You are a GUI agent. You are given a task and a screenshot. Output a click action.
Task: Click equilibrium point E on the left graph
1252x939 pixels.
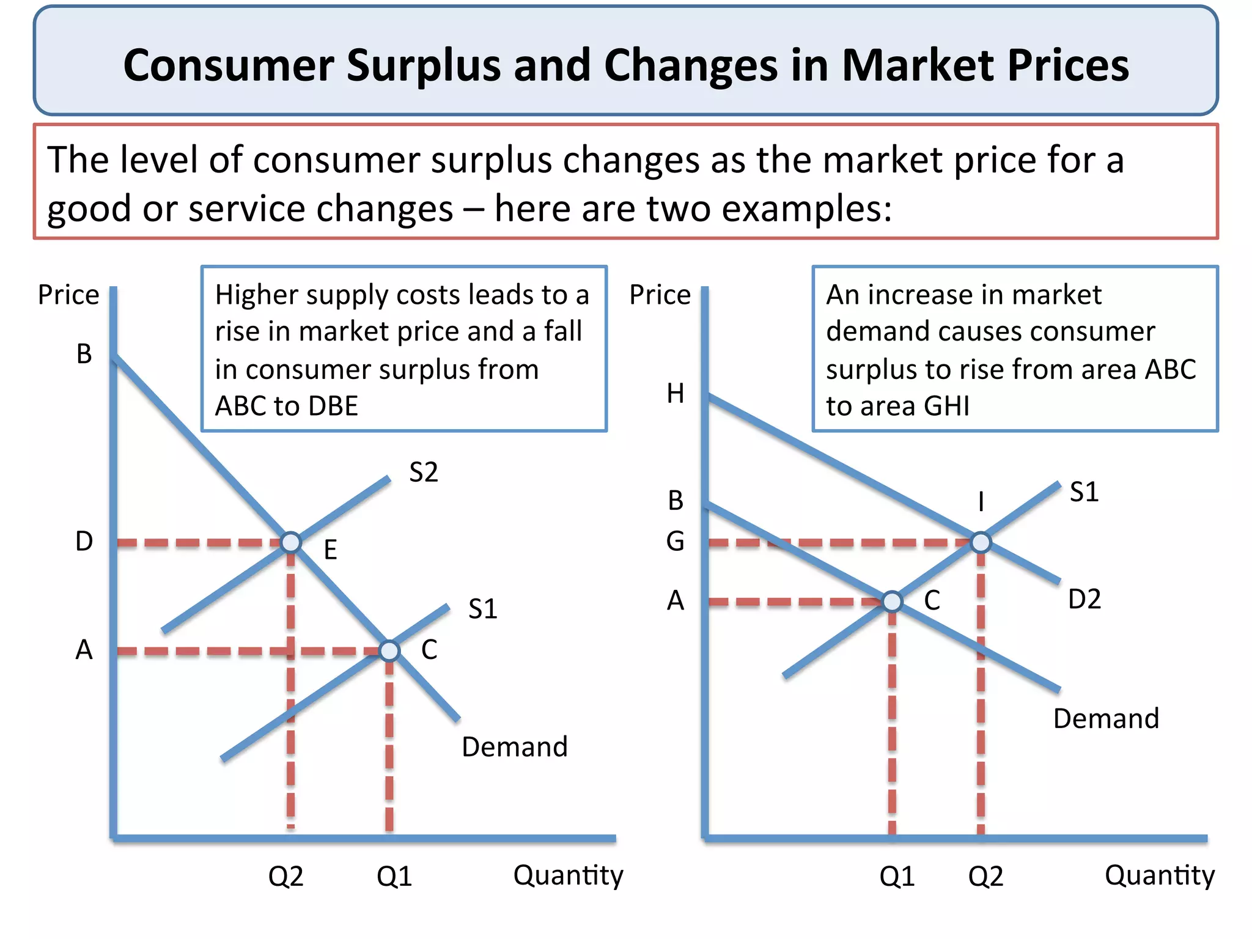point(291,542)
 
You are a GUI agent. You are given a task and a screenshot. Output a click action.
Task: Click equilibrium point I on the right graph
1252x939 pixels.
point(981,542)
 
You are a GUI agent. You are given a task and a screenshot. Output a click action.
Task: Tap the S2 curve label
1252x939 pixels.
point(423,473)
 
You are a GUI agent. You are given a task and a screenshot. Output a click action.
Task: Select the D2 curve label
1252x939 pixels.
point(1084,599)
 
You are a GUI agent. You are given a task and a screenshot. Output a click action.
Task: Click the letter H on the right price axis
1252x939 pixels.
point(675,394)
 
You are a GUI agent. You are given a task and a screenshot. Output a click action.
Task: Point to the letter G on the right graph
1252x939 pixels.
point(675,542)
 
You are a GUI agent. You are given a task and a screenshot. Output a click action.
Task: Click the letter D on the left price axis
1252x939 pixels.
point(84,542)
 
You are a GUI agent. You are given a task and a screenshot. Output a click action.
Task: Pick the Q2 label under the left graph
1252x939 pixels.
point(285,877)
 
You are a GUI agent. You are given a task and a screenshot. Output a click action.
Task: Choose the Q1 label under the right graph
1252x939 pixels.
point(896,877)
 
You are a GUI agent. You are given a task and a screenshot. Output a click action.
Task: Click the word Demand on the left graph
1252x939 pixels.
point(514,747)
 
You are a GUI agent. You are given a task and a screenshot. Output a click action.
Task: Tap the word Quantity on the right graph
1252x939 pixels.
point(1159,875)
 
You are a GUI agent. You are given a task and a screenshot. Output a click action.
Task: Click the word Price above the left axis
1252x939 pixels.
point(68,295)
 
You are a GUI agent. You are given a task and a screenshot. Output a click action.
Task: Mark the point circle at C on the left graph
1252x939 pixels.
point(389,651)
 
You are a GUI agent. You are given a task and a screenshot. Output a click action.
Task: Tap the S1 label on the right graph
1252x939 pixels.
point(1084,492)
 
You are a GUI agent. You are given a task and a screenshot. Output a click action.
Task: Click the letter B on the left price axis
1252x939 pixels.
point(84,354)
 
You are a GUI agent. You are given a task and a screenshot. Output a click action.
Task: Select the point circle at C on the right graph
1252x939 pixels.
point(892,602)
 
